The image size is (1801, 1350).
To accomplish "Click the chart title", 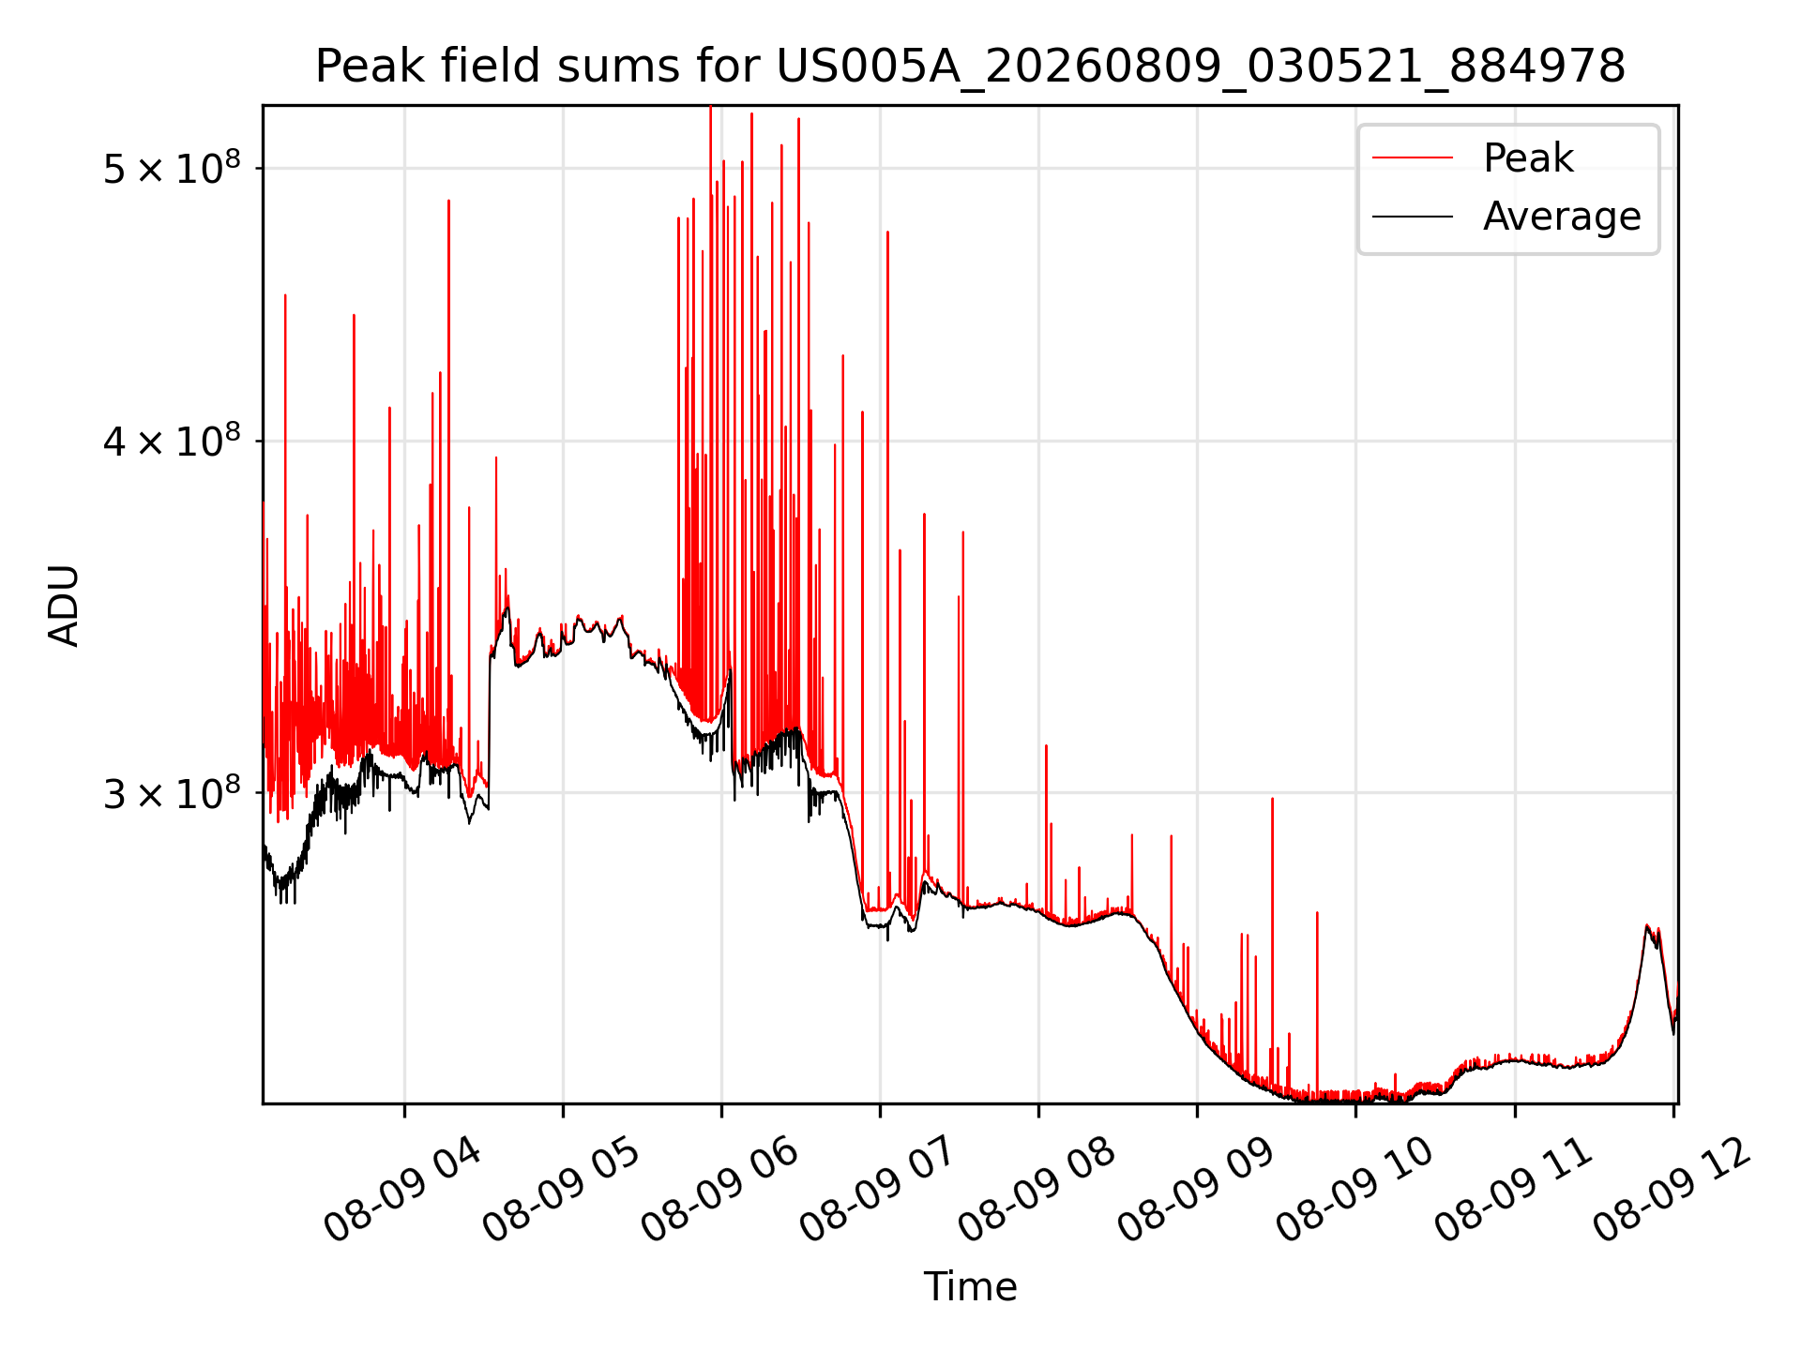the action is click(x=970, y=67).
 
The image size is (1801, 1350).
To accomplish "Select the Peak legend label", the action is click(x=1528, y=157).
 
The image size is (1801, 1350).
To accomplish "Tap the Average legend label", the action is click(x=1562, y=217).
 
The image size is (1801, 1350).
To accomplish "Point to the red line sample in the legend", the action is click(x=1412, y=158).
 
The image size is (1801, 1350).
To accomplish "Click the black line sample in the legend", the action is click(x=1412, y=217).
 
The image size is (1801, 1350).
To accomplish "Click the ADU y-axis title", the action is click(x=64, y=605).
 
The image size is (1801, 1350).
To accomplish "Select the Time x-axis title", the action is click(x=970, y=1286).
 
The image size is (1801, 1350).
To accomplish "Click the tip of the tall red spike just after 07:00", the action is click(x=887, y=232).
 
